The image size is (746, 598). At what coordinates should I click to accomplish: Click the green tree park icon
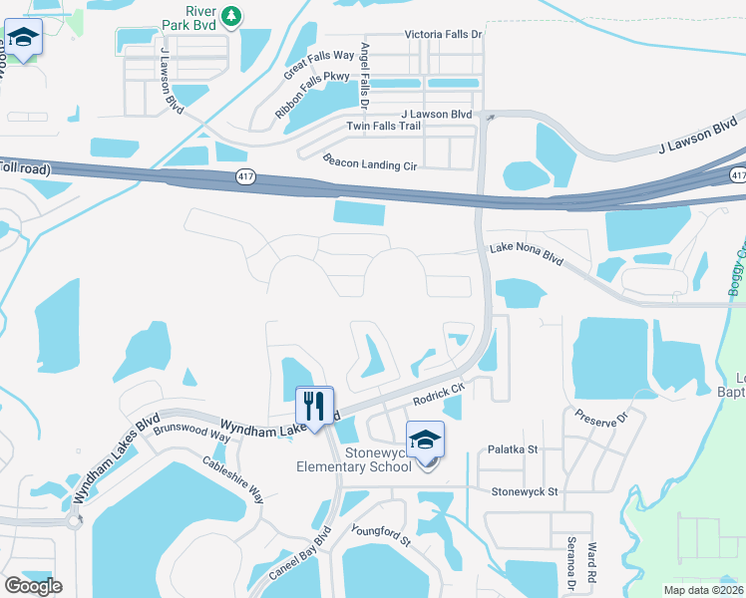pos(231,16)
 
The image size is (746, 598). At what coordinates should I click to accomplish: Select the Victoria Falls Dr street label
pos(443,34)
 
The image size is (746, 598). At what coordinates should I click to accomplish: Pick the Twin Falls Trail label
pos(384,126)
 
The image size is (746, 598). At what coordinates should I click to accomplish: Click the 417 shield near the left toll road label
pos(245,175)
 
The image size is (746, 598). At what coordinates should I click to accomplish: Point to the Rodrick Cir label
pos(440,394)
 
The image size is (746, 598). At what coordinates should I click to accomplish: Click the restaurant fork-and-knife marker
pos(314,404)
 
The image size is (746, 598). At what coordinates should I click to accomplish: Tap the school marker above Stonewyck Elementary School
pos(425,440)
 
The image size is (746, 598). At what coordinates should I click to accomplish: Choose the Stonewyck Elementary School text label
pos(353,459)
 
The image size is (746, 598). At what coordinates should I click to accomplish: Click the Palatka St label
pos(513,449)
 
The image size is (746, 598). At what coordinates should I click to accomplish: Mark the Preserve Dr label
pos(599,415)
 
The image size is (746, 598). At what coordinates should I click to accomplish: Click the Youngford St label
pos(379,530)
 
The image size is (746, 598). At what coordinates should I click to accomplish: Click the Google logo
pos(33,586)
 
